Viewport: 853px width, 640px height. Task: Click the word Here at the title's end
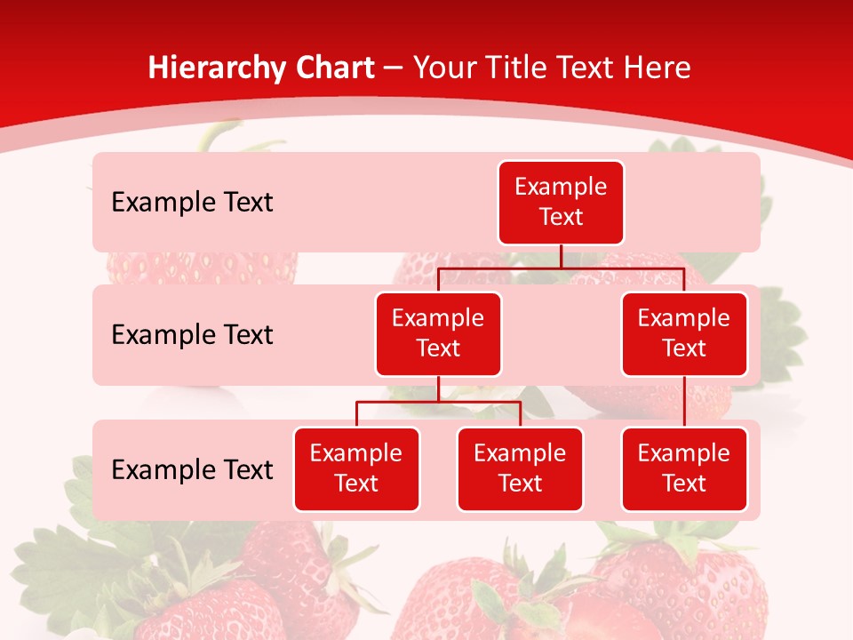(658, 68)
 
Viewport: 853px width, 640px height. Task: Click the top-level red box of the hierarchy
(561, 202)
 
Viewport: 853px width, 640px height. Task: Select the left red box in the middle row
(438, 333)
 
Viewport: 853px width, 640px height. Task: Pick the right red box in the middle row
(684, 333)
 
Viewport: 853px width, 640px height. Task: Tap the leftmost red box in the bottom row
(356, 468)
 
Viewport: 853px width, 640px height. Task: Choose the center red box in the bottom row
(520, 468)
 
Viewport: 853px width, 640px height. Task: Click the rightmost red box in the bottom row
(684, 468)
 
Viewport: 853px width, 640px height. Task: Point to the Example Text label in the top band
(192, 203)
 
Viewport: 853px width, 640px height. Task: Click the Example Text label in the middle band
(192, 335)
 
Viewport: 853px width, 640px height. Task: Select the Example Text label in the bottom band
(192, 469)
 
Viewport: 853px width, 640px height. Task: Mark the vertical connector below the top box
(561, 256)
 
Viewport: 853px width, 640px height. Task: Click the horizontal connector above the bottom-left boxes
(438, 402)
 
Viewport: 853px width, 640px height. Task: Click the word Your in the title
(444, 68)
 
